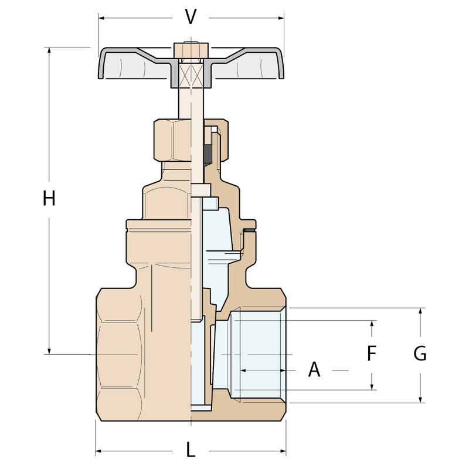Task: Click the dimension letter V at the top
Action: pos(191,17)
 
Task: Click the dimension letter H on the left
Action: pos(49,199)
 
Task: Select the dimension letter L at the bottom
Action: pos(191,450)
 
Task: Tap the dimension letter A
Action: pos(314,370)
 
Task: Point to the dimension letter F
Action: pos(372,354)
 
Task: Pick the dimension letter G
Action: pos(420,354)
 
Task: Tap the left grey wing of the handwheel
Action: pos(136,63)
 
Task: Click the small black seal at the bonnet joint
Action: pos(249,230)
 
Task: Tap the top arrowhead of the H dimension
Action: pos(49,50)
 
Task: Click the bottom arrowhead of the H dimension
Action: pos(49,351)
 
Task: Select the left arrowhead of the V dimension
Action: pos(101,18)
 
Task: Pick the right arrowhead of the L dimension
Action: pos(283,451)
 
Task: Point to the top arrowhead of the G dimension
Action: pos(420,311)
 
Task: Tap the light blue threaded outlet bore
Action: pos(257,355)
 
